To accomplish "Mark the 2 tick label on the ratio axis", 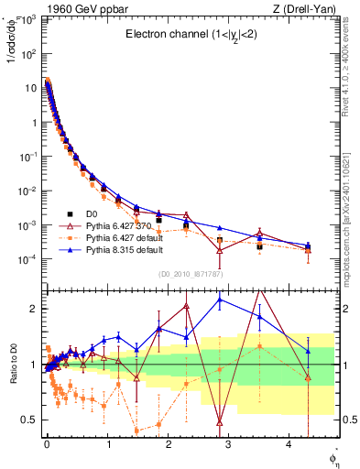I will coord(33,309).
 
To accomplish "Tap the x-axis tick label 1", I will coord(107,444).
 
